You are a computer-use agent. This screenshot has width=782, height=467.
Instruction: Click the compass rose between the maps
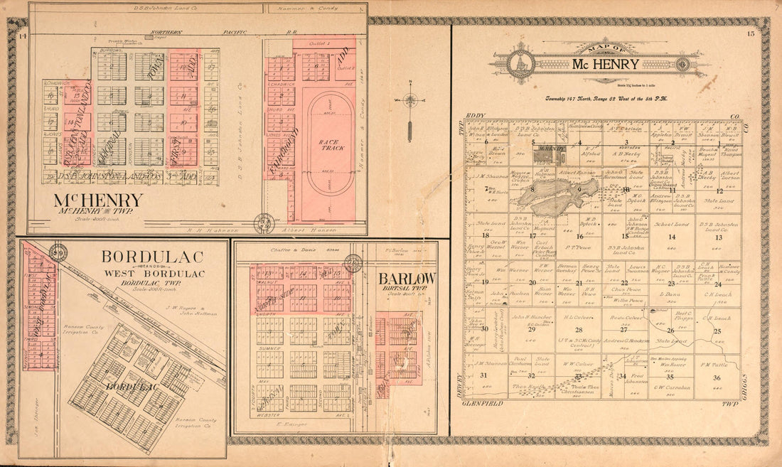click(x=410, y=100)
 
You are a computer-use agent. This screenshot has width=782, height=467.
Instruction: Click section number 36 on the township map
click(x=717, y=377)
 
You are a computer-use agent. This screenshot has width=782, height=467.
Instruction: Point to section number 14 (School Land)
click(x=672, y=237)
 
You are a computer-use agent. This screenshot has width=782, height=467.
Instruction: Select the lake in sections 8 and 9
click(x=562, y=197)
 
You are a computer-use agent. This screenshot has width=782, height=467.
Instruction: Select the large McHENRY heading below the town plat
click(x=98, y=200)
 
